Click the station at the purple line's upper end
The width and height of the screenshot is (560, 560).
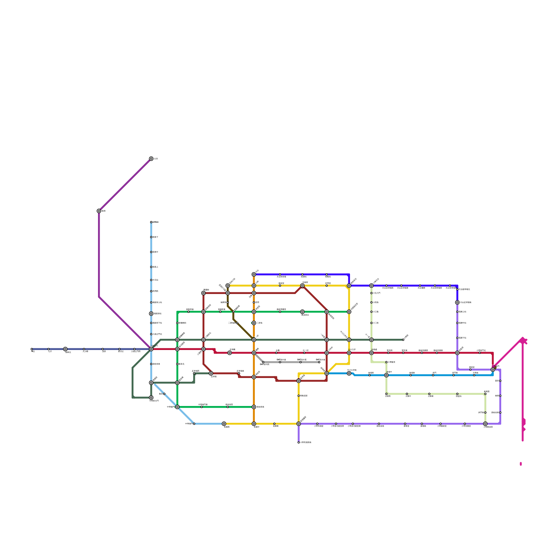151,159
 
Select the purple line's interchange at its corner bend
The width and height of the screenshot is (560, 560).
99,211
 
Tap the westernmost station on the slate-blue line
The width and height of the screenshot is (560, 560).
31,349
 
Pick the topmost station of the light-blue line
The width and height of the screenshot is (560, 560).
151,222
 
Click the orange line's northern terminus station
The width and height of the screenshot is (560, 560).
254,274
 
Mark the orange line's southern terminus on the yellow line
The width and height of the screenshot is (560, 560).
254,423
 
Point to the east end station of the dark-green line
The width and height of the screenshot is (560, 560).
403,339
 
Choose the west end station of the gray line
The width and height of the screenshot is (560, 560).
263,362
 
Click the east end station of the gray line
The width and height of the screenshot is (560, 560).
319,362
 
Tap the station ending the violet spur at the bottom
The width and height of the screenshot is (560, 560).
299,442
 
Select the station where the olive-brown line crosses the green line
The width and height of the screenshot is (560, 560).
233,311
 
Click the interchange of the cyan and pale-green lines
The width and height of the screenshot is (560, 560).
386,375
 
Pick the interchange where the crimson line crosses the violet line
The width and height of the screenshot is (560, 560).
457,353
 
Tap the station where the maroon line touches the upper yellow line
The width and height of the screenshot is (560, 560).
302,286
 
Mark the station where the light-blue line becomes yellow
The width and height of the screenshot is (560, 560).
224,423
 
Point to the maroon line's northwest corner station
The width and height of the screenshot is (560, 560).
203,293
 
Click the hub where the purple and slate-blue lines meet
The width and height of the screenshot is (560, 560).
151,349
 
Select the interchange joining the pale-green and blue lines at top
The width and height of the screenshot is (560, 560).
371,286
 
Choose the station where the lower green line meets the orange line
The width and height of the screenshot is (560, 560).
254,407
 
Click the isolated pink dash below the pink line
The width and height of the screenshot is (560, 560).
521,464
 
